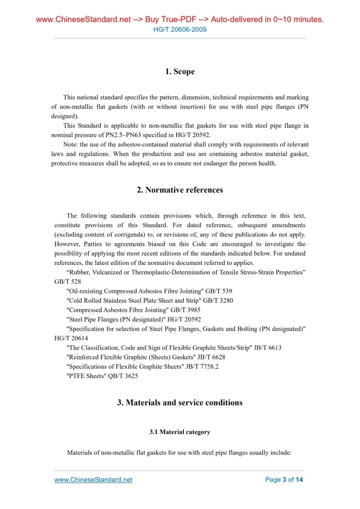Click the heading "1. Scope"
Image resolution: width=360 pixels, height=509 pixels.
pos(180,72)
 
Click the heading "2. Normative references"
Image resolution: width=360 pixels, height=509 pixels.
pos(180,190)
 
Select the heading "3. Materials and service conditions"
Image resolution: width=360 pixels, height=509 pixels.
pos(180,403)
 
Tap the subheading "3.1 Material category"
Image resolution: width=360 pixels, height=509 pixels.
pos(180,432)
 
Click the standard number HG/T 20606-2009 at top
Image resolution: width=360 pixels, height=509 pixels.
pos(180,30)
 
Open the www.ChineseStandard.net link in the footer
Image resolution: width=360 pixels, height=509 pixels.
pos(94,479)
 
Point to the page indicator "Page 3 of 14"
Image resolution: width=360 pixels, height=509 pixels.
pos(284,479)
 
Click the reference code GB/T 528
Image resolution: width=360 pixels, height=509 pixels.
pos(68,282)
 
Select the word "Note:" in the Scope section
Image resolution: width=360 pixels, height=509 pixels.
pos(71,144)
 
